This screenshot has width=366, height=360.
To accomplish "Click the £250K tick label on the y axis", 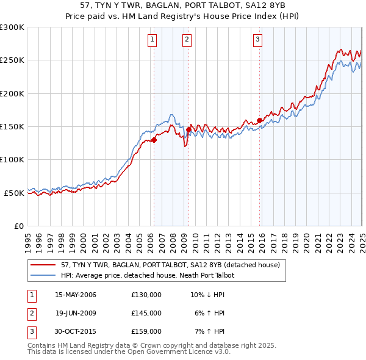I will click(x=12, y=60).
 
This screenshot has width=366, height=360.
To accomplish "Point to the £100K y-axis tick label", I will click(x=12, y=160).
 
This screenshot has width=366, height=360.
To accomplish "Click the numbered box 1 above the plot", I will click(x=152, y=40).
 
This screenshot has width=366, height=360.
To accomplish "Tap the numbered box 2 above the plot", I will click(x=187, y=40).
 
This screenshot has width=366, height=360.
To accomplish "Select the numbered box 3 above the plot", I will click(x=258, y=40).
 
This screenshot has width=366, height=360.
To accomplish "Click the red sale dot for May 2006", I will click(x=154, y=140).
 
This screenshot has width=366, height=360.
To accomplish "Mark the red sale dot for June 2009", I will click(x=188, y=129).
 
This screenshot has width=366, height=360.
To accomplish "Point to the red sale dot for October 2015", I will click(x=259, y=120).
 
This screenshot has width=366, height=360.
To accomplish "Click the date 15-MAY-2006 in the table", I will click(x=76, y=295).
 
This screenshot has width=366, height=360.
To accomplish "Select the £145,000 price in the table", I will click(x=146, y=313).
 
